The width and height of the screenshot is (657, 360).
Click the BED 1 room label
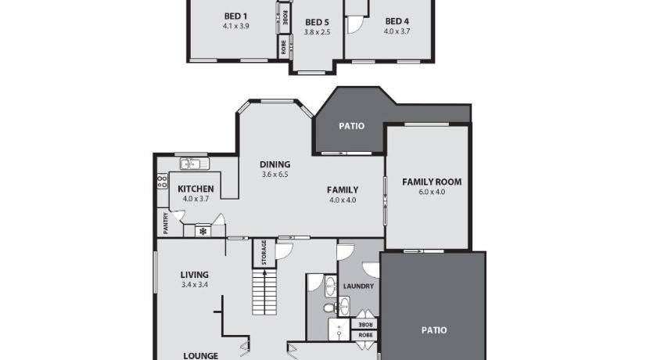235,16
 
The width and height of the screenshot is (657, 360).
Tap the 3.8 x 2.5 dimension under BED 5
318,32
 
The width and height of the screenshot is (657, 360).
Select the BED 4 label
397,21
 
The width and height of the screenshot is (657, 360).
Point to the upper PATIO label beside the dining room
351,126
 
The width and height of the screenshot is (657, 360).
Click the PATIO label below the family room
434,330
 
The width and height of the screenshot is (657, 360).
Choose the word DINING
275,164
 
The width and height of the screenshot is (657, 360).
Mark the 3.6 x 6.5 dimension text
275,175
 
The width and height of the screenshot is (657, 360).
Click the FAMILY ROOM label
432,182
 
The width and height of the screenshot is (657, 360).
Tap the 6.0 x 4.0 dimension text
432,192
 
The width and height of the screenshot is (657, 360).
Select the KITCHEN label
196,189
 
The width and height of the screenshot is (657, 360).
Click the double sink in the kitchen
195,164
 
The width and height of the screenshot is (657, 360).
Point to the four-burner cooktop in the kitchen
162,181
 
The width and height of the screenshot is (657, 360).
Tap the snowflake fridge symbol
203,232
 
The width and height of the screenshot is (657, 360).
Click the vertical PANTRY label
166,223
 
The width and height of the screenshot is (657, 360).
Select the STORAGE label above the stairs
264,252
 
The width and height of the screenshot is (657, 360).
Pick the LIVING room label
195,275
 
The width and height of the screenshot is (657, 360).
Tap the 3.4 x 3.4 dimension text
195,285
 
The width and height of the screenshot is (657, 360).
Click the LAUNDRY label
358,286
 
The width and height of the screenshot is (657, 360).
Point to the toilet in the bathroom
330,308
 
